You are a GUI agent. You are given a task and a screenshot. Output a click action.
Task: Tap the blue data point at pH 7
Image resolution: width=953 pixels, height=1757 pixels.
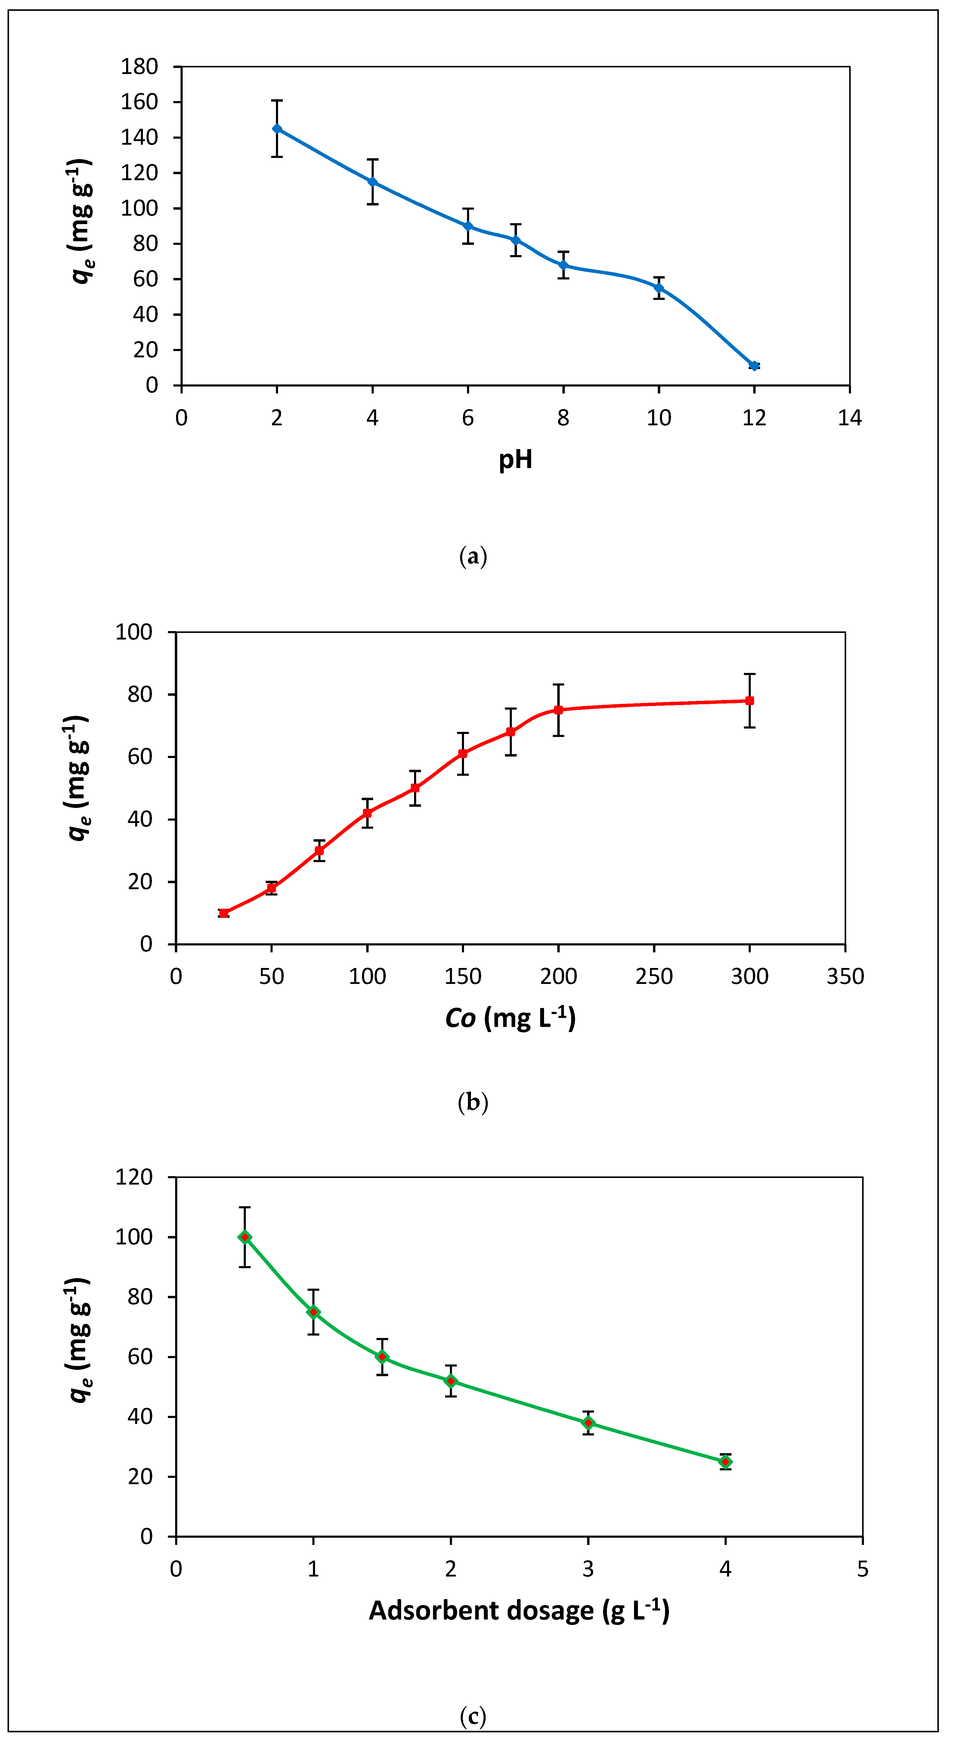[x=516, y=240]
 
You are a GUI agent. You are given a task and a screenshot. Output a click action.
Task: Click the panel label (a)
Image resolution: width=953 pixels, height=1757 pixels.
[x=473, y=556]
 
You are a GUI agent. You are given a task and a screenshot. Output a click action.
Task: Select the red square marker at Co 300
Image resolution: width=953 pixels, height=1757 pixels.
[x=750, y=701]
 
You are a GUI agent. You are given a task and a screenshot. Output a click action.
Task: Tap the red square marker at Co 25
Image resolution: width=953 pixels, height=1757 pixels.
[x=224, y=913]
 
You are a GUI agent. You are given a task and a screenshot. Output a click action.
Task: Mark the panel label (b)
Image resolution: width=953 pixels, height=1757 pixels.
[x=473, y=1102]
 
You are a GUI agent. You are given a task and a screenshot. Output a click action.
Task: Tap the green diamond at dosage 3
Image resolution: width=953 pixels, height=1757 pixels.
[x=588, y=1423]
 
